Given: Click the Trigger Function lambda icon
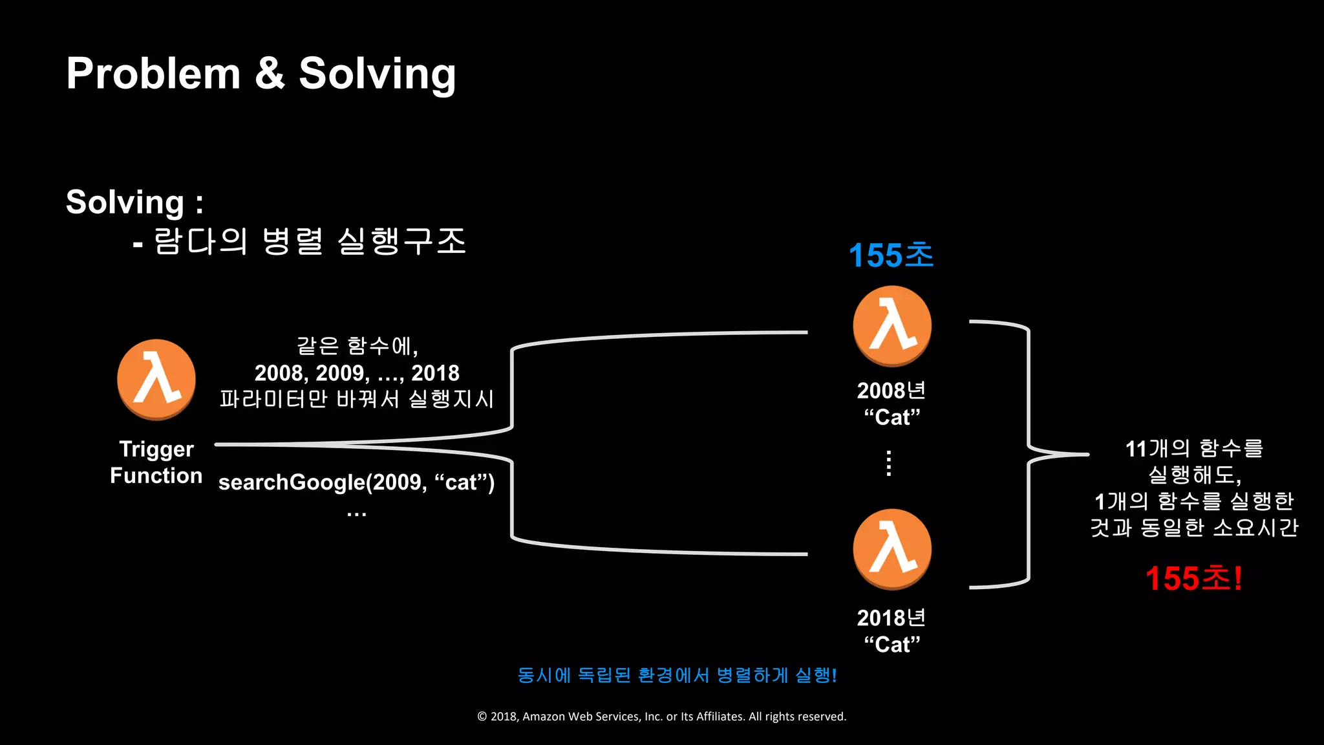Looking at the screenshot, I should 156,380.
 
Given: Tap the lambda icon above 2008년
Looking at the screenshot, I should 892,326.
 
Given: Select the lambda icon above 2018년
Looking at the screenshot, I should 892,549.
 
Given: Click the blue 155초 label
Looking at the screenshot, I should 891,255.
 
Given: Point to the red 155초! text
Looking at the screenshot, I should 1193,578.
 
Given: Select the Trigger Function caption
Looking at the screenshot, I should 156,462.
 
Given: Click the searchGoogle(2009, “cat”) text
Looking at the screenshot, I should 356,482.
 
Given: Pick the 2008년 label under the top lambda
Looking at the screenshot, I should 892,391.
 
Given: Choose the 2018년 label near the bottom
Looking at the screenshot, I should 892,618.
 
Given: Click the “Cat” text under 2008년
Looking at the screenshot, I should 892,417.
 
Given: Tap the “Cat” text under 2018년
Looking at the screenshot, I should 892,645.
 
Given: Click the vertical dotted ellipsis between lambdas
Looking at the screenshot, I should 890,463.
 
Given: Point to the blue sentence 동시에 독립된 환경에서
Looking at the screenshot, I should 677,675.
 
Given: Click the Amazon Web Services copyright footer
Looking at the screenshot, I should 661,717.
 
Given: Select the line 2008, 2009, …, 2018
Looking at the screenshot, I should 357,373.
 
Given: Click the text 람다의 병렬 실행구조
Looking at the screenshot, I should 309,241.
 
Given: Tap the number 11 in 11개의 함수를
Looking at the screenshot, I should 1136,448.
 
